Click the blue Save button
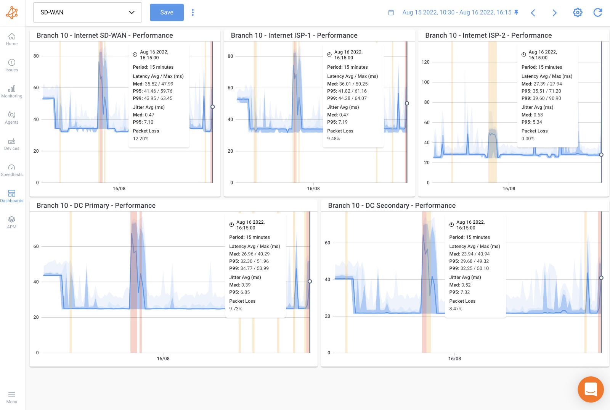(167, 13)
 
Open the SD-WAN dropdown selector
(87, 13)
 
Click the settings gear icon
(578, 13)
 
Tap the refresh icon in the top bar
(597, 13)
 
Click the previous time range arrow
(533, 13)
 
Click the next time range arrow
(554, 13)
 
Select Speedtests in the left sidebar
(12, 170)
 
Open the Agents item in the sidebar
(12, 118)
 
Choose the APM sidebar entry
(12, 222)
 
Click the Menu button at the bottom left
(12, 397)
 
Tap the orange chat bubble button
(591, 389)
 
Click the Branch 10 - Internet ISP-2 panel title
(488, 36)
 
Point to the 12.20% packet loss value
(141, 139)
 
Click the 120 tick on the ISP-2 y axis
(425, 62)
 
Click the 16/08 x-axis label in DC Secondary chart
(454, 359)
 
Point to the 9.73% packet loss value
(236, 309)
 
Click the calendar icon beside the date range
(391, 13)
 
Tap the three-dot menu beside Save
(193, 13)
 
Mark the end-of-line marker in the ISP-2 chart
(601, 155)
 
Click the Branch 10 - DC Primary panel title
(96, 205)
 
